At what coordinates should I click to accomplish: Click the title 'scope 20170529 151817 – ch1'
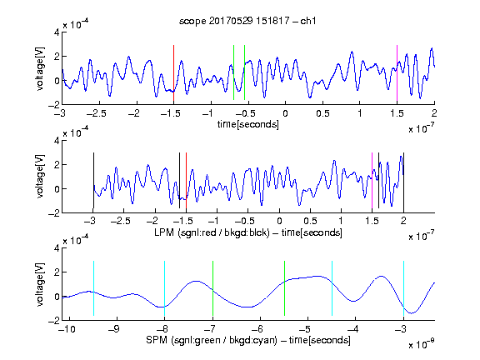[247, 21]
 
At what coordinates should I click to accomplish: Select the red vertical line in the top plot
[173, 72]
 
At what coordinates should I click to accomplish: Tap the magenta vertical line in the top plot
[397, 72]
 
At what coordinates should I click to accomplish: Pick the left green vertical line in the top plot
[233, 72]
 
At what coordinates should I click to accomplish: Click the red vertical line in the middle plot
[186, 181]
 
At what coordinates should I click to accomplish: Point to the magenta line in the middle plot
[372, 181]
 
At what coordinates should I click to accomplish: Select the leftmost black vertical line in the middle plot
[93, 181]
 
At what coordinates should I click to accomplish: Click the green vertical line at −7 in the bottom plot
[212, 288]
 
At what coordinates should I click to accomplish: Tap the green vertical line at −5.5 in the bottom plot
[284, 288]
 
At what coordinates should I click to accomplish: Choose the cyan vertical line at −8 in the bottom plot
[164, 288]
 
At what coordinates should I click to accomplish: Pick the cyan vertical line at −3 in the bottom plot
[403, 288]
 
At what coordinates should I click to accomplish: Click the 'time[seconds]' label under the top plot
[248, 124]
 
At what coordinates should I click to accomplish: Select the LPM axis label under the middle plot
[248, 232]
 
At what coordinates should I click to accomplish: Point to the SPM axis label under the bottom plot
[248, 340]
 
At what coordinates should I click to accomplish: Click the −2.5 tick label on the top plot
[96, 113]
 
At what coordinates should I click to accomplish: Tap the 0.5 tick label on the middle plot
[310, 221]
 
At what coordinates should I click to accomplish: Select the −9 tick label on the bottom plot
[114, 329]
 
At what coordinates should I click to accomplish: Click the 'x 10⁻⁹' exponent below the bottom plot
[421, 344]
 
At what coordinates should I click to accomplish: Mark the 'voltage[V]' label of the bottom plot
[40, 284]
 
